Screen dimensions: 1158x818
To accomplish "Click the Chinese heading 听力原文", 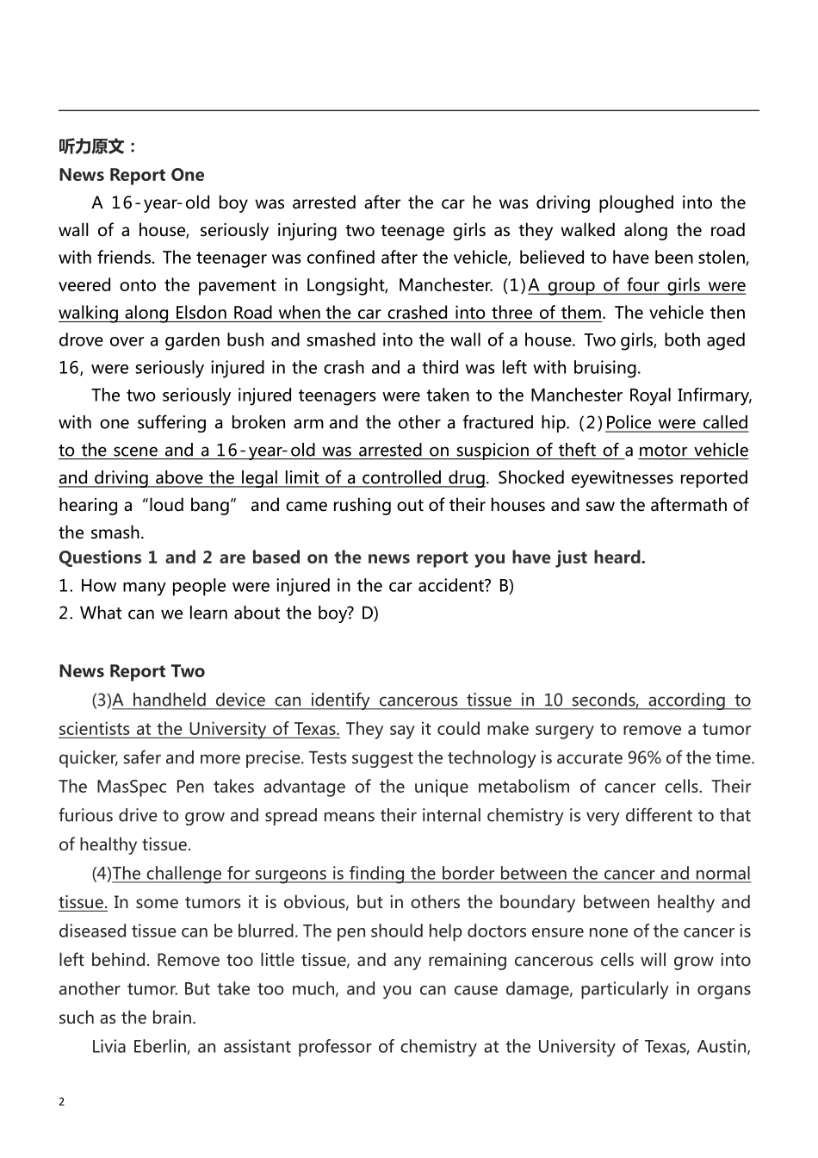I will point(96,146).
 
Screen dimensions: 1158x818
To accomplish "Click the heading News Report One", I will point(132,175).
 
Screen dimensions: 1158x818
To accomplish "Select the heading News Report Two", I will point(132,671).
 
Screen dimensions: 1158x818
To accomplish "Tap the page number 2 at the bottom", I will point(62,1101).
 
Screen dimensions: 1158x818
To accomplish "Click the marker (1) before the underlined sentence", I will point(514,285).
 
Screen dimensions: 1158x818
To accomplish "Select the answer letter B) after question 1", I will point(506,586).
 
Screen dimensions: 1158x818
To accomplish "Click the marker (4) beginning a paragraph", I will point(102,874).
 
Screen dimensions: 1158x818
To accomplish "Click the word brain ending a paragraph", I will point(174,1018).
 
